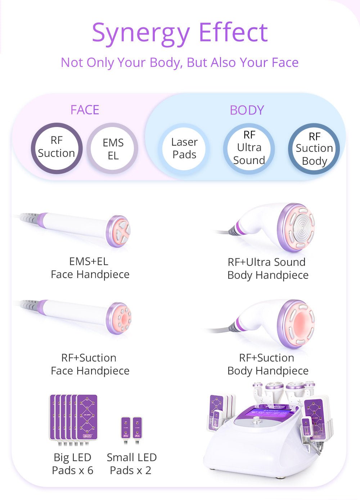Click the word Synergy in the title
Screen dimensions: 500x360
tap(140, 33)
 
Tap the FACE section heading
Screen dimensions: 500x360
tap(85, 110)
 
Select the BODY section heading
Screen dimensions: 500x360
tap(247, 110)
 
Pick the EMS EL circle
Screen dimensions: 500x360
tap(113, 149)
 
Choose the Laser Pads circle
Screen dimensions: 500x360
tap(184, 148)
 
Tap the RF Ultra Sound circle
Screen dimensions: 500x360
tap(249, 148)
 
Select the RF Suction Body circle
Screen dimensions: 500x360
tap(314, 149)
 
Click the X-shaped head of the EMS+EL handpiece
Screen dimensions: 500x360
tap(120, 231)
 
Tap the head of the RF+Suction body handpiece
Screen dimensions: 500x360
tap(299, 323)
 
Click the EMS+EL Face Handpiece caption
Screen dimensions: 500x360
tap(90, 268)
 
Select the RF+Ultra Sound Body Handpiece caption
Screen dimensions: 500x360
tap(267, 269)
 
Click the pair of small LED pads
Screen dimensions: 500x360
tap(131, 428)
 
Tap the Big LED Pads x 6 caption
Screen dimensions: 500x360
tap(72, 464)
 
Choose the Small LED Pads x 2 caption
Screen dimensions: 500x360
tap(131, 464)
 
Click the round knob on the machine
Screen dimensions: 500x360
tap(256, 420)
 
